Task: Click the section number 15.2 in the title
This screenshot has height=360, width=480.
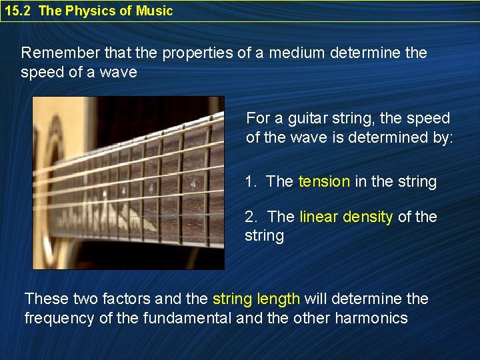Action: pyautogui.click(x=17, y=11)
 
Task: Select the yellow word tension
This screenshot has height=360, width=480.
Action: pyautogui.click(x=323, y=181)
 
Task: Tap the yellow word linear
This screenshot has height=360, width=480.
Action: pyautogui.click(x=317, y=217)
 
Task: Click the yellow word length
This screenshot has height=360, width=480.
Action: pyautogui.click(x=277, y=299)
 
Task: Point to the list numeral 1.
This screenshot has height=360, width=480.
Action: pyautogui.click(x=249, y=181)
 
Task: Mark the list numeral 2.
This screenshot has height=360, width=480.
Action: pyautogui.click(x=250, y=217)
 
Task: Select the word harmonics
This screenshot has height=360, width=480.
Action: pyautogui.click(x=370, y=318)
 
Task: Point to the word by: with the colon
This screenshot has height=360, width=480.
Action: pyautogui.click(x=442, y=137)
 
